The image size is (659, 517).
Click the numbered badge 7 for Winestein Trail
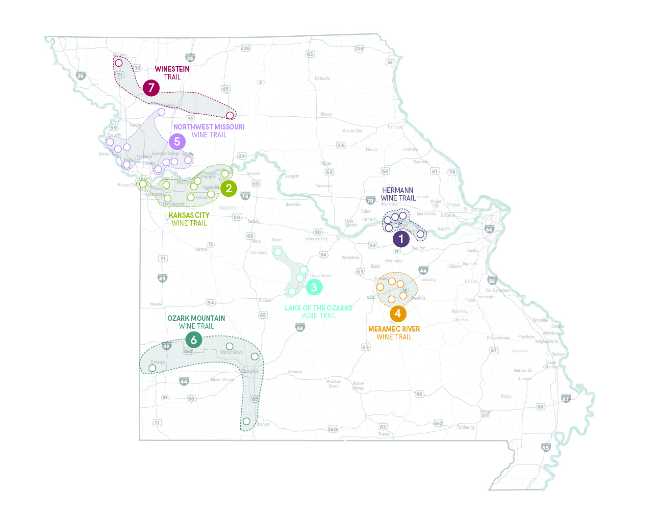pos(151,88)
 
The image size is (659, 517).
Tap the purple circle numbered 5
pos(177,142)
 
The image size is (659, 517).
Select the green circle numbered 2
pos(228,188)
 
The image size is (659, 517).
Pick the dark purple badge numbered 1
pos(401,239)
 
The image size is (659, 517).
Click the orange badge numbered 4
pos(398,313)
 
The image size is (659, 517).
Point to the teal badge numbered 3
pos(314,287)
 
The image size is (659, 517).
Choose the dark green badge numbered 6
pos(194,339)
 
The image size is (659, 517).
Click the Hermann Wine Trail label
pos(398,194)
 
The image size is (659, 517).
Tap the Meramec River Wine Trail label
pos(394,333)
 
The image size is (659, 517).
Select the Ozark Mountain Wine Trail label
pos(196,322)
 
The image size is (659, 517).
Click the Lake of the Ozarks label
pos(319,311)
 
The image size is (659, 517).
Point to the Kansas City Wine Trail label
pos(189,219)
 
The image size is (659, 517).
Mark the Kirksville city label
pos(322,78)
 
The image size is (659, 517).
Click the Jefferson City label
pos(316,239)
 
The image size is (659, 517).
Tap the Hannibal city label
pos(395,127)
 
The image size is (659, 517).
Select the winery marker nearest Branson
pos(247,421)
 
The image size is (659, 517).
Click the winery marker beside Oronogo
pos(152,368)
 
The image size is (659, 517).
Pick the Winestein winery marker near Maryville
pos(118,63)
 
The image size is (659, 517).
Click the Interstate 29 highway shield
pos(81,76)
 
